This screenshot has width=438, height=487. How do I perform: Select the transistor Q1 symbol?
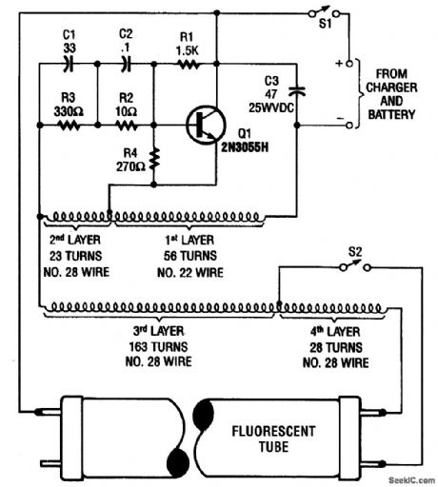point(202,124)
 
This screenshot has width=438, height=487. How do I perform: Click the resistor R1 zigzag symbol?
point(187,66)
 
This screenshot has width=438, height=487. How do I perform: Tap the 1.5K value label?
point(187,49)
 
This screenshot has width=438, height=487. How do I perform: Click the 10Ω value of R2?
point(125,110)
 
